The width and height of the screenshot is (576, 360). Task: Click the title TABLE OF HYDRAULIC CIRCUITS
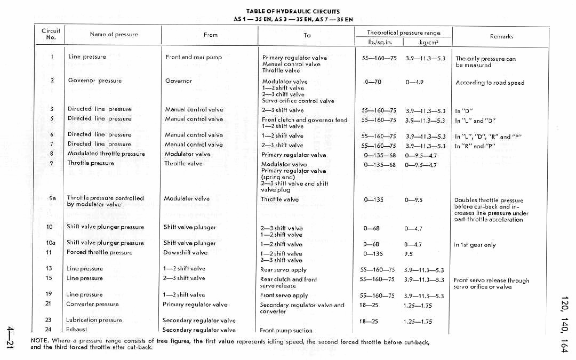pos(293,11)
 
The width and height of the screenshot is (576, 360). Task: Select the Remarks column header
pos(501,36)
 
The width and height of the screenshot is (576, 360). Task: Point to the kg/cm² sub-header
pos(428,42)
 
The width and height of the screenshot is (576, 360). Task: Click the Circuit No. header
pos(51,34)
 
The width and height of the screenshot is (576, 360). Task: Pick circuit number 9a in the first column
pos(52,198)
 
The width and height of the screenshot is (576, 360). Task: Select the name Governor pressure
pos(95,81)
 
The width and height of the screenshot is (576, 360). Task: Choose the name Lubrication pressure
pos(94,320)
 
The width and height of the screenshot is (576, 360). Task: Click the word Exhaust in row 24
pos(77,330)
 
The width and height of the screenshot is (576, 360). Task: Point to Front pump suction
pos(286,331)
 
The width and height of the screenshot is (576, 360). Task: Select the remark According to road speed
pos(490,83)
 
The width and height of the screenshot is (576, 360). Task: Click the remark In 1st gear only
pos(475,245)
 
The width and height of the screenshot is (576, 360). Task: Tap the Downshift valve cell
pos(185,252)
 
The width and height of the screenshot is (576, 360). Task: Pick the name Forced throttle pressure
pos(99,252)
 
